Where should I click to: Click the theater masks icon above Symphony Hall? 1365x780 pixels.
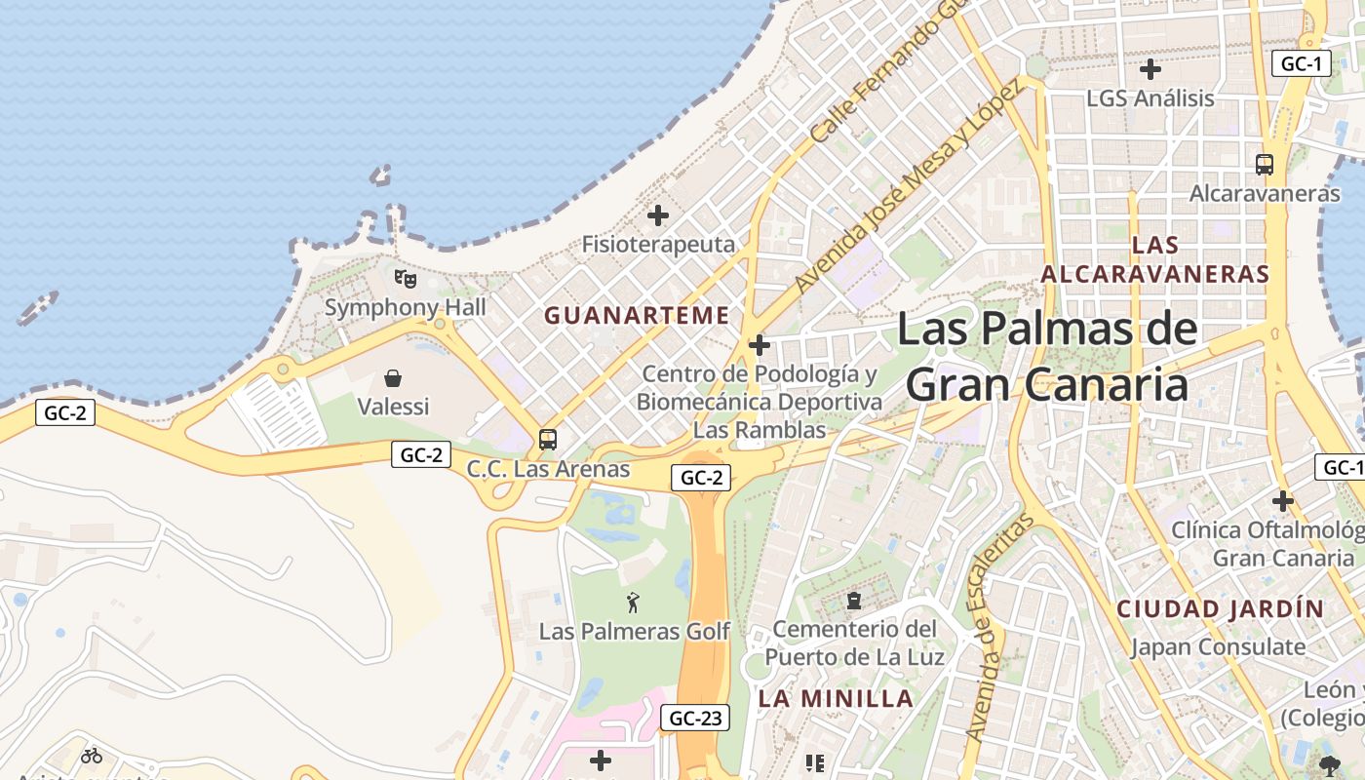[x=406, y=279]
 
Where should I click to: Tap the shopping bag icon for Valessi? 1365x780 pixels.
[x=393, y=378]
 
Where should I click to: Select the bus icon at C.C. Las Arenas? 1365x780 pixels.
[x=548, y=440]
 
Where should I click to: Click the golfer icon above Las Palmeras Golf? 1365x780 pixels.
[x=634, y=603]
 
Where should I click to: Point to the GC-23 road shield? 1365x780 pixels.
[x=695, y=719]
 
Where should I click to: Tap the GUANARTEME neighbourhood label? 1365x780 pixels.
[x=637, y=316]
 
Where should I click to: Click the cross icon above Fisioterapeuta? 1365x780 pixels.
[x=658, y=215]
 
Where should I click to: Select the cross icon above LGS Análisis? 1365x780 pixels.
[x=1150, y=69]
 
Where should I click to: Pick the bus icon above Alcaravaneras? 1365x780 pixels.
[x=1265, y=165]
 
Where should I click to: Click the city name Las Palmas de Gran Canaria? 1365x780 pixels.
[x=1047, y=356]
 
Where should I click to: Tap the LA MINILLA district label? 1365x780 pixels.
[x=837, y=698]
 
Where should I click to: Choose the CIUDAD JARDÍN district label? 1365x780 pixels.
[x=1221, y=609]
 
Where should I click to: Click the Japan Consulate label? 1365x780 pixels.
[x=1218, y=646]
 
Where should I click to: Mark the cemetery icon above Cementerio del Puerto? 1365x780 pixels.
[x=854, y=601]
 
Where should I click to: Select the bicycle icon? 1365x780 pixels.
[x=92, y=755]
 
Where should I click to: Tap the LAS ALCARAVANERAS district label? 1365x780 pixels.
[x=1155, y=259]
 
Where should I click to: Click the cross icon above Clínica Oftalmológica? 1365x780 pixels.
[x=1283, y=501]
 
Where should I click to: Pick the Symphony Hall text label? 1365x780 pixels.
[x=405, y=308]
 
